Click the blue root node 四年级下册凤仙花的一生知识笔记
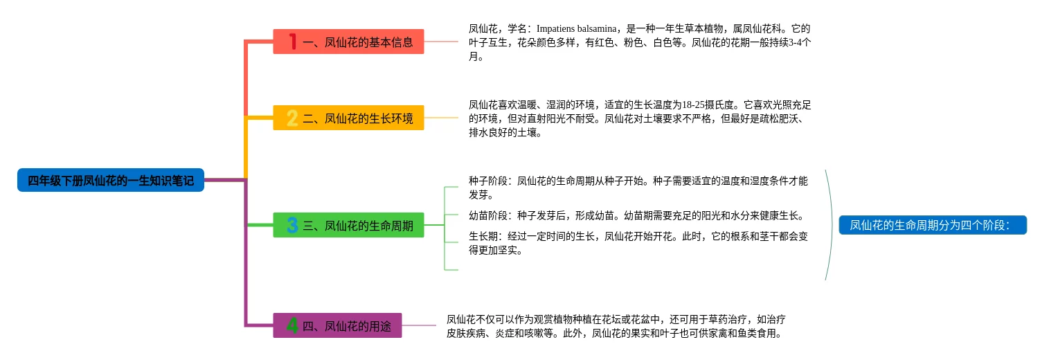pyautogui.click(x=111, y=181)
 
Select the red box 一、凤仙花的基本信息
pyautogui.click(x=348, y=42)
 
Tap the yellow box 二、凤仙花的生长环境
pyautogui.click(x=348, y=118)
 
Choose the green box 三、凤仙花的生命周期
pyautogui.click(x=348, y=225)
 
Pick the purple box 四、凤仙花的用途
pyautogui.click(x=337, y=325)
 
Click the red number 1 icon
pyautogui.click(x=293, y=42)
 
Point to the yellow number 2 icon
pyautogui.click(x=292, y=118)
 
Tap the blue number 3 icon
pyautogui.click(x=292, y=225)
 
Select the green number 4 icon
pyautogui.click(x=292, y=325)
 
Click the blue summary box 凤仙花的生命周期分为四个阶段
pyautogui.click(x=932, y=225)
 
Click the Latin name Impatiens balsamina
pyautogui.click(x=576, y=29)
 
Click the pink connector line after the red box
pyautogui.click(x=441, y=42)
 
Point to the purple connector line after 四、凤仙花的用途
pyautogui.click(x=419, y=325)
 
